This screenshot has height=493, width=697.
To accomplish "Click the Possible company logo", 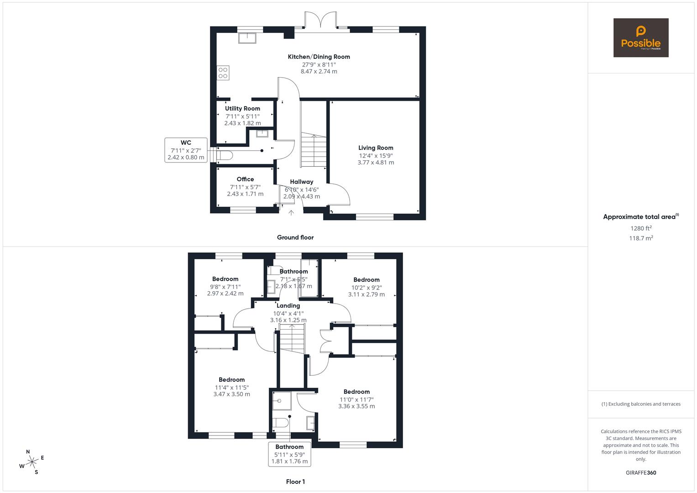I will (640, 37).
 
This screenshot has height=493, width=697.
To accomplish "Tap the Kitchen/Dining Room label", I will (319, 57).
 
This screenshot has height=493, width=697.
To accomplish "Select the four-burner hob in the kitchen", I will (223, 73).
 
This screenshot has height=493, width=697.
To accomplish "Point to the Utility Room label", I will (242, 109).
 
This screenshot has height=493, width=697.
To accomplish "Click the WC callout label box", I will (186, 150).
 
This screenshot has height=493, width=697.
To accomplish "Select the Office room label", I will (245, 179).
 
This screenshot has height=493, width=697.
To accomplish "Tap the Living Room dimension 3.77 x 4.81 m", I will (375, 163).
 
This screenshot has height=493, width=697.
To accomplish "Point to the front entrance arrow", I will (291, 212).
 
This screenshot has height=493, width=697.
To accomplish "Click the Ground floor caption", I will (295, 237).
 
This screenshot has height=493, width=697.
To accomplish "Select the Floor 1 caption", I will (295, 482).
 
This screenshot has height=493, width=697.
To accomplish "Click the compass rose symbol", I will (32, 462).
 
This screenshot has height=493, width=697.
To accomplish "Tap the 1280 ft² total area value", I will (641, 228).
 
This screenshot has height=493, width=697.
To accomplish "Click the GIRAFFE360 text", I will (640, 472).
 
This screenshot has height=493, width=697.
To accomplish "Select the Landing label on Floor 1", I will (288, 306).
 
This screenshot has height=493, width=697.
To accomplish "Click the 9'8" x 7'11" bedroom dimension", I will (225, 287).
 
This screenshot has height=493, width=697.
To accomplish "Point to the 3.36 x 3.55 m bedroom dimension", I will (356, 406).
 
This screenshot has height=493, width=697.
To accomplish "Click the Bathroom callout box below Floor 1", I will (289, 454).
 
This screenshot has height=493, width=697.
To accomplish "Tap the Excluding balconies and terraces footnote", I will (640, 404).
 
